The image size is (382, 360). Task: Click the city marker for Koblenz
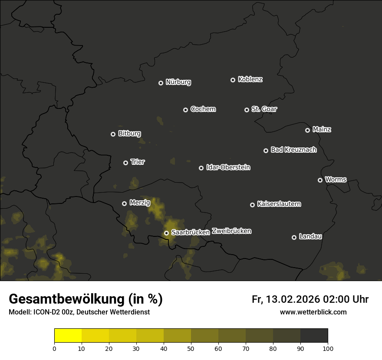click(x=233, y=80)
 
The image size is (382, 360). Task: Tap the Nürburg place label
click(x=178, y=82)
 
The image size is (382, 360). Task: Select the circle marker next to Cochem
click(x=185, y=110)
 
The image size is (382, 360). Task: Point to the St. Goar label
click(x=264, y=109)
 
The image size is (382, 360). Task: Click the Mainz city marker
click(x=307, y=130)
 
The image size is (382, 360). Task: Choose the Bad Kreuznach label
click(x=293, y=150)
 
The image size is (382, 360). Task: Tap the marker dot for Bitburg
click(x=113, y=134)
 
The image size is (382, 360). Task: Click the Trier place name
click(x=138, y=162)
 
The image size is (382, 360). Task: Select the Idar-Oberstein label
click(x=228, y=167)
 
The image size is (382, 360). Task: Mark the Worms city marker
click(x=320, y=180)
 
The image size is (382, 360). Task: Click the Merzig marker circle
click(x=124, y=203)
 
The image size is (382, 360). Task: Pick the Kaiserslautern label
click(x=279, y=204)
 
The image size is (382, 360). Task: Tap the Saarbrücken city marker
click(x=166, y=233)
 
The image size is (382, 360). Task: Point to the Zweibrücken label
click(x=231, y=231)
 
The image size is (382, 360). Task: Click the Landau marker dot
click(x=294, y=237)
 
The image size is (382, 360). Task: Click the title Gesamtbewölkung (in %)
click(x=86, y=299)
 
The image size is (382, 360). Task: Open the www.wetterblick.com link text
click(x=313, y=312)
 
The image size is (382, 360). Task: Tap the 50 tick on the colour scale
click(x=191, y=348)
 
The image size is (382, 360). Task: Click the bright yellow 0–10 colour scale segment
click(x=68, y=336)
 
